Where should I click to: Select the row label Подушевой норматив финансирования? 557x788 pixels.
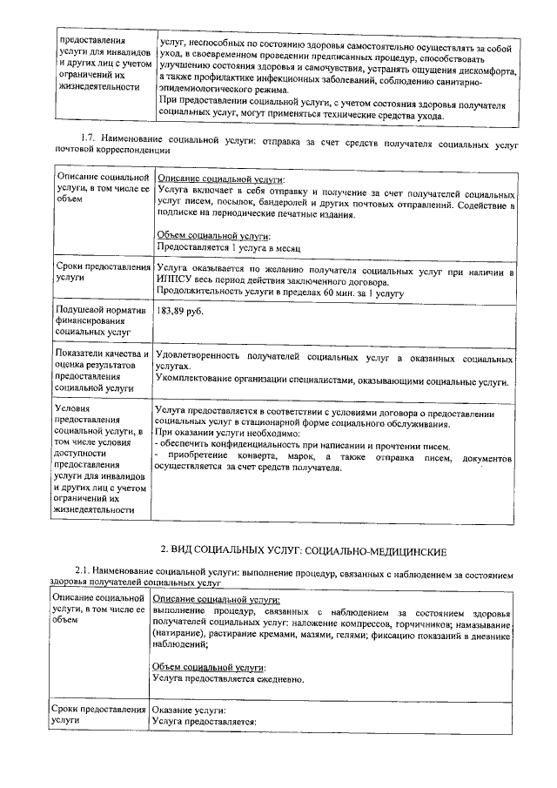pos(98,320)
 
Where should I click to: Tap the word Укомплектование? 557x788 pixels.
pos(197,381)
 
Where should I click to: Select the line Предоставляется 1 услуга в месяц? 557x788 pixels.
pos(228,246)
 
